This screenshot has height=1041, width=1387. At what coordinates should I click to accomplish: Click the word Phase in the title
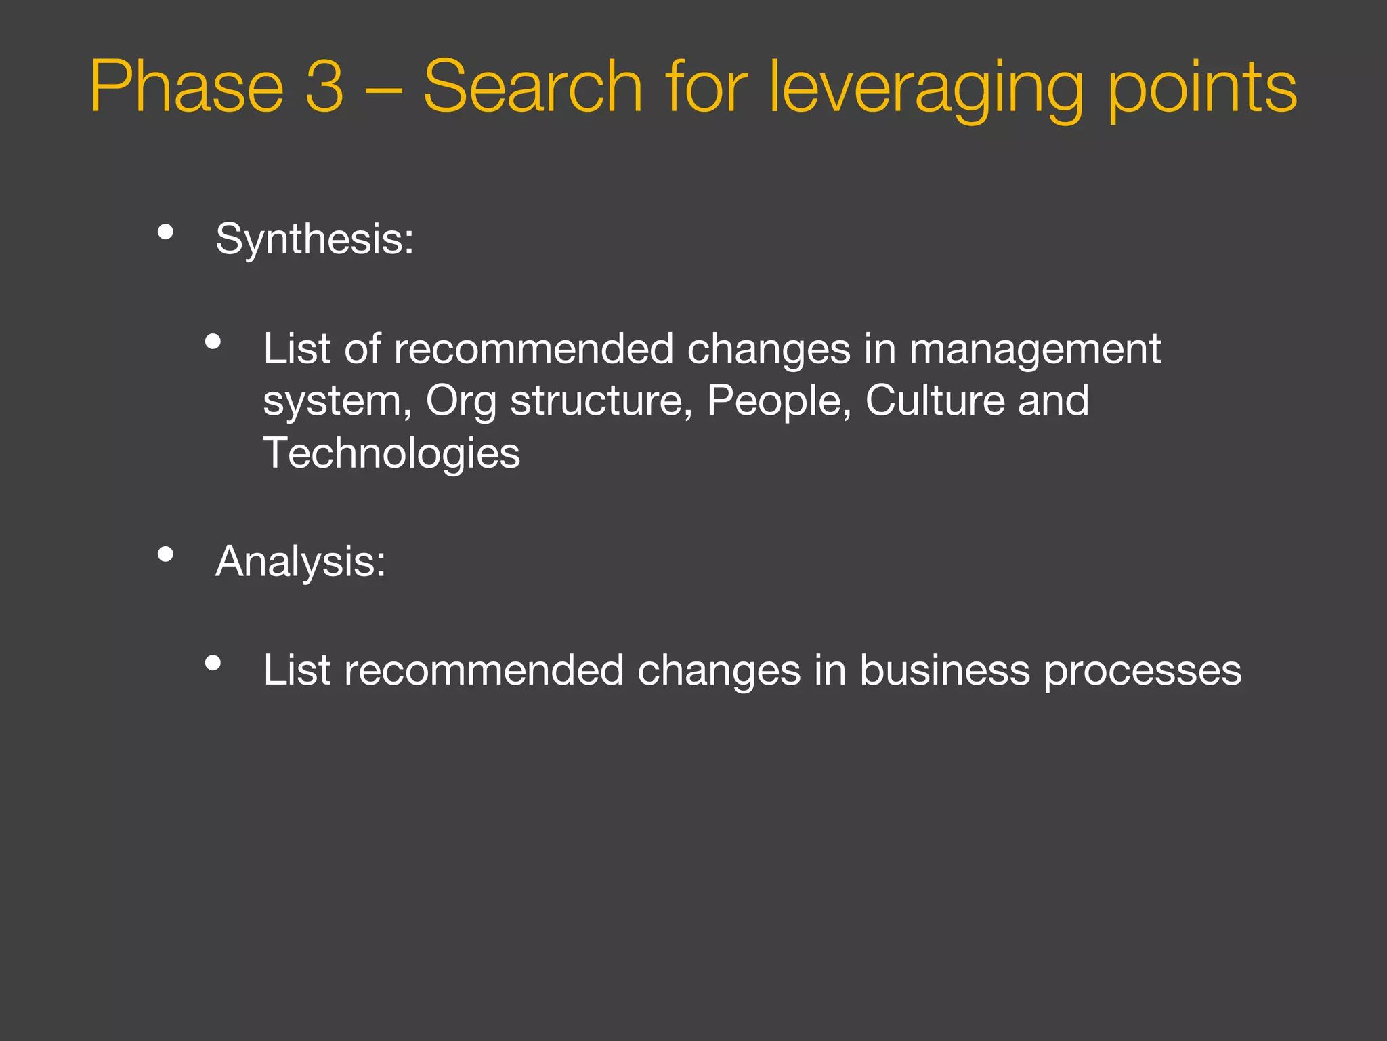coord(186,87)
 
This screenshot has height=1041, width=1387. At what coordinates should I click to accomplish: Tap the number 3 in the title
coord(325,87)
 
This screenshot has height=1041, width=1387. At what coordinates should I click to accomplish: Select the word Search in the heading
coord(532,87)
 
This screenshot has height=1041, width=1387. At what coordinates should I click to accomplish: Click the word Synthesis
coord(314,239)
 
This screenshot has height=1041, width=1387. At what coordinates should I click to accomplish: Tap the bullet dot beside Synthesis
coord(165,232)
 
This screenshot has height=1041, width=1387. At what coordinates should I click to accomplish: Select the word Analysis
coord(300,562)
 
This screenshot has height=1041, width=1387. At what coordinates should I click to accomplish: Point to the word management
coord(1035,350)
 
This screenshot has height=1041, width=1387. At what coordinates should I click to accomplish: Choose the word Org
coord(461,401)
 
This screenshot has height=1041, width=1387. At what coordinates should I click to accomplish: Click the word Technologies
coord(391,453)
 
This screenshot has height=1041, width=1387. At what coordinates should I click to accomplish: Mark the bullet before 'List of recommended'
coord(213,342)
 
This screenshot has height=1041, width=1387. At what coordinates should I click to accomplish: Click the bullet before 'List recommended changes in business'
coord(213,663)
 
